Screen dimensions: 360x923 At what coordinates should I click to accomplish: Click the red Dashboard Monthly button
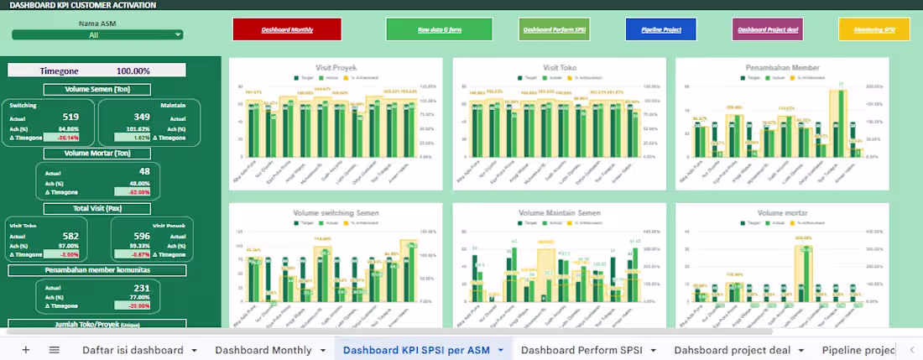pos(287,29)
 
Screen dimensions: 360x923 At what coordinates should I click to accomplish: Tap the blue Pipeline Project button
pos(660,29)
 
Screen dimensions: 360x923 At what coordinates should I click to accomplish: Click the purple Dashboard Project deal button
pos(767,29)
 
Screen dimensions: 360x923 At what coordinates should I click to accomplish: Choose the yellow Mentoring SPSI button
pos(873,29)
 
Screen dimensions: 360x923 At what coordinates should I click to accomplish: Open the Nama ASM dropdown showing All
pos(97,35)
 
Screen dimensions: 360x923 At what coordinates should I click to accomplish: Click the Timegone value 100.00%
pos(133,71)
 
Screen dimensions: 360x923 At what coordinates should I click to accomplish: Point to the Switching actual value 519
pos(70,117)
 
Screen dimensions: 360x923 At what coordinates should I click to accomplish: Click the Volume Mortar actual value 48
pos(144,172)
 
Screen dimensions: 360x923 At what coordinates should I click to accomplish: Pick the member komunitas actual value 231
pos(141,287)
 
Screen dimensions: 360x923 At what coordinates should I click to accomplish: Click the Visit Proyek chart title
pos(336,67)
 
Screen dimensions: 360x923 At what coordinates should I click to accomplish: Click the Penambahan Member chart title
pos(781,67)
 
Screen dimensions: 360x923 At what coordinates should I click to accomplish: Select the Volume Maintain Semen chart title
pos(559,213)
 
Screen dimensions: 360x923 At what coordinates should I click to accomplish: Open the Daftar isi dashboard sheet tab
pos(133,350)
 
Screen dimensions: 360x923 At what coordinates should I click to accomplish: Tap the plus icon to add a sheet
pos(26,350)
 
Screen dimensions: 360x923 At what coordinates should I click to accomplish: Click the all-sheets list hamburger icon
pos(55,350)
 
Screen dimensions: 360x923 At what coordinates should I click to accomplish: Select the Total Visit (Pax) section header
pos(96,208)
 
